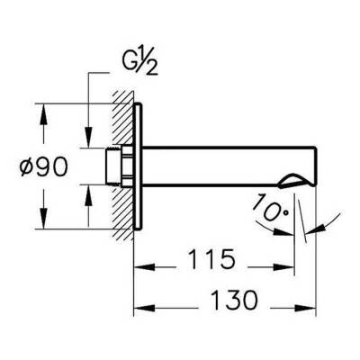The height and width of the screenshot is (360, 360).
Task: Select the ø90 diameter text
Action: click(38, 166)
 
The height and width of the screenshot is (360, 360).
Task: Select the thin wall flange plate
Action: click(137, 166)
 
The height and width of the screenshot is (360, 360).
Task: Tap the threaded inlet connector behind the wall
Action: click(114, 166)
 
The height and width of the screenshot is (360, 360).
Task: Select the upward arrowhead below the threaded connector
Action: click(87, 190)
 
